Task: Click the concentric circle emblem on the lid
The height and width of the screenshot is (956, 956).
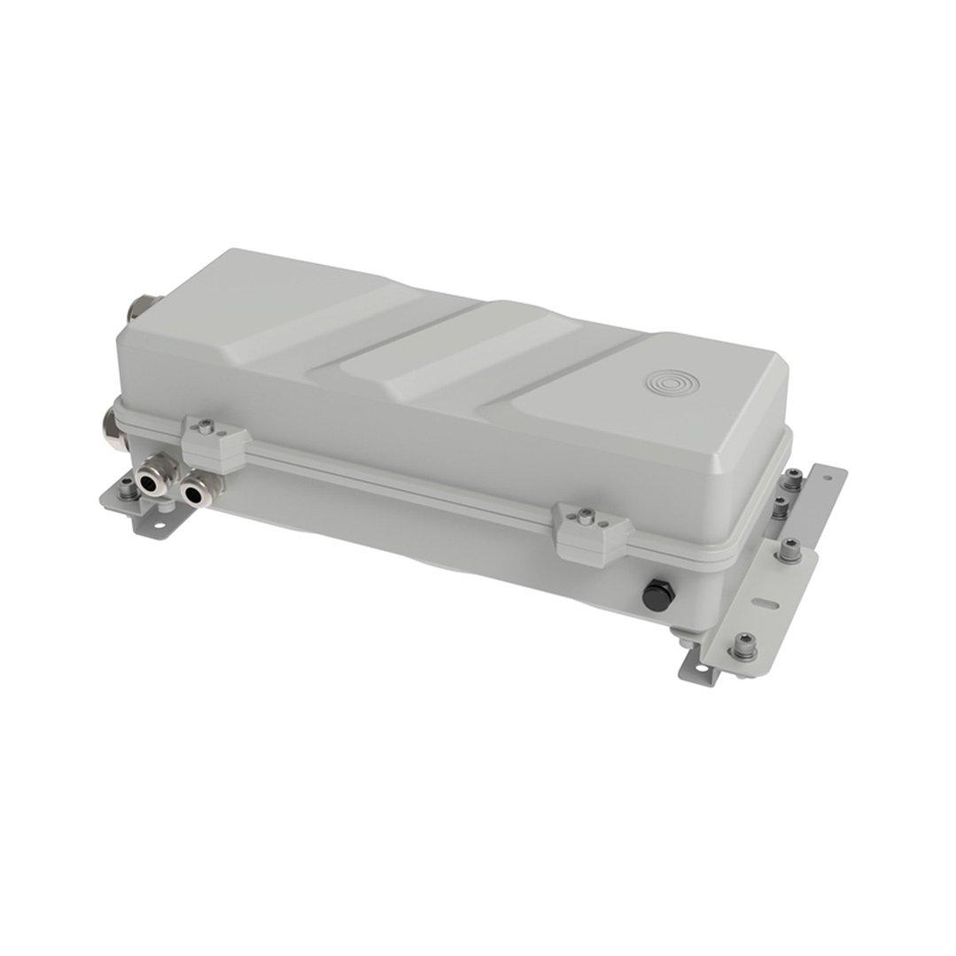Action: (x=672, y=383)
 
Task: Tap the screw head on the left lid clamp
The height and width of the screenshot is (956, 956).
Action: (x=206, y=426)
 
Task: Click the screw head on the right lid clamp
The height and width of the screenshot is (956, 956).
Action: (x=585, y=516)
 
